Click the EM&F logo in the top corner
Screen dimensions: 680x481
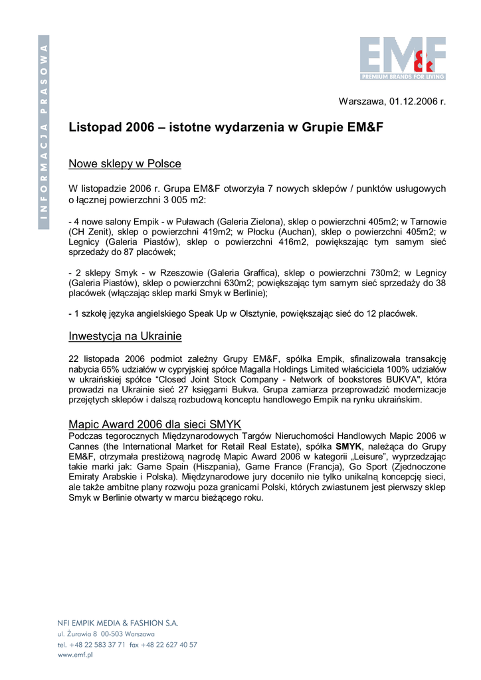click(403, 58)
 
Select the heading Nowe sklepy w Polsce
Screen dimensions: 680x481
click(125, 163)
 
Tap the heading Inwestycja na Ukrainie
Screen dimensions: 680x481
click(125, 336)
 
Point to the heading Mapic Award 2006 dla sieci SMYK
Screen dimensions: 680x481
click(155, 424)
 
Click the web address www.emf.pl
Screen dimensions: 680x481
click(75, 655)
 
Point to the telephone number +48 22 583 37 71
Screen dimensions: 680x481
click(97, 644)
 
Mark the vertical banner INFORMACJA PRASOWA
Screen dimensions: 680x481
click(44, 132)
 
